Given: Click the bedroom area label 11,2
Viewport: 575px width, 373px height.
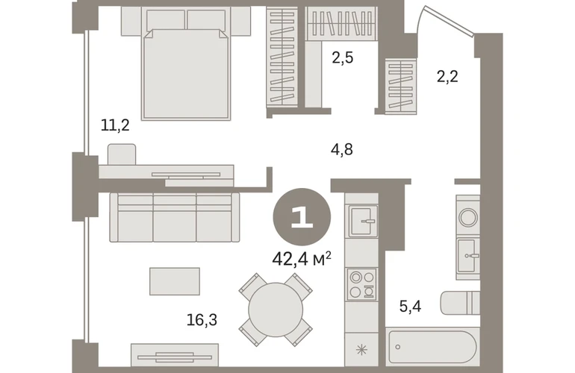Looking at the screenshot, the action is tap(115, 125).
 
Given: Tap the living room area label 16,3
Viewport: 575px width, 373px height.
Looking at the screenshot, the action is tap(202, 320).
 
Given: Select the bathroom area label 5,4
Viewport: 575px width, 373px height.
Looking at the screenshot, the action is tap(410, 306).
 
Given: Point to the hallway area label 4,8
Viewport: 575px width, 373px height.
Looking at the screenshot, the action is tap(342, 149).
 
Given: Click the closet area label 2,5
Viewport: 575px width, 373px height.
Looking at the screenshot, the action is tap(343, 58).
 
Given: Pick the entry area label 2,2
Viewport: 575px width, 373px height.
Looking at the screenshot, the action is tap(447, 77).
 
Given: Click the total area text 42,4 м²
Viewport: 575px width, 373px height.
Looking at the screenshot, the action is tap(302, 260).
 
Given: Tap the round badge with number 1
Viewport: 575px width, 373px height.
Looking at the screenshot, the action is tap(302, 217).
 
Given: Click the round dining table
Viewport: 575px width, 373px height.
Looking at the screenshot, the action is tap(276, 310).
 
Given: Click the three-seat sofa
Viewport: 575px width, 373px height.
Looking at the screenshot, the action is tap(175, 217).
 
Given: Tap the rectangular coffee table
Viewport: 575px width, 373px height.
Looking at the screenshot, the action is tap(175, 281).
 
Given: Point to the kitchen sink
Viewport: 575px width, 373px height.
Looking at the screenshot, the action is tap(363, 221).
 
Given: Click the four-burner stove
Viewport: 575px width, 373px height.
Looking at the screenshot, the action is tap(362, 284).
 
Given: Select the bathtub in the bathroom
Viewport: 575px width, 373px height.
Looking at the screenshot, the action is tap(432, 348).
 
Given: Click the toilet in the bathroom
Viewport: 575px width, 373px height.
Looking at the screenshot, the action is tap(460, 303).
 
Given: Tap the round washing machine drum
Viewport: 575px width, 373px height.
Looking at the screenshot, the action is tap(468, 217).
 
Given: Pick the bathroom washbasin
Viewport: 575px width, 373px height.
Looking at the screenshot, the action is tap(468, 255).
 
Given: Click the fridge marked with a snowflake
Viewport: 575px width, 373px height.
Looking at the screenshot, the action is tap(361, 350).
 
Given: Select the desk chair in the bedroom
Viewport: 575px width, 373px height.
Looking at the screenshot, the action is tap(122, 154).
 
